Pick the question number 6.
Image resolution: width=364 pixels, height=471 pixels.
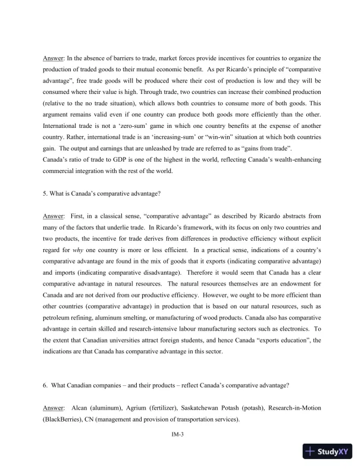click(45, 385)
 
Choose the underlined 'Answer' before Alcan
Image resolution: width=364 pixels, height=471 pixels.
click(54, 409)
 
